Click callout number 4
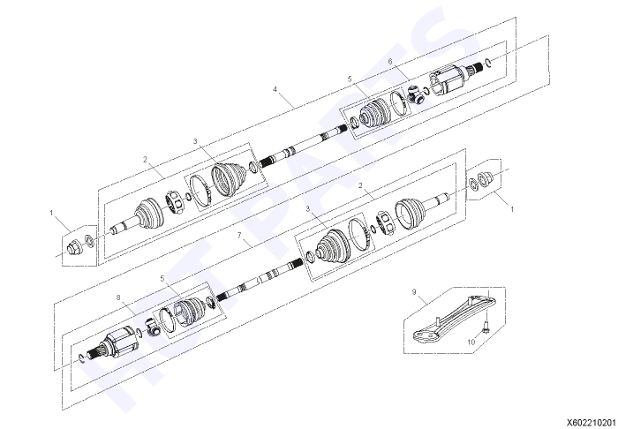(x=275, y=89)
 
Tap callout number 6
(x=390, y=62)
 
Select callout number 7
(x=239, y=235)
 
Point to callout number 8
(x=118, y=297)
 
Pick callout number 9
(x=414, y=292)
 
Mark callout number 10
(x=471, y=342)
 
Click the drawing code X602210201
(x=592, y=423)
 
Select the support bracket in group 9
(x=453, y=319)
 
